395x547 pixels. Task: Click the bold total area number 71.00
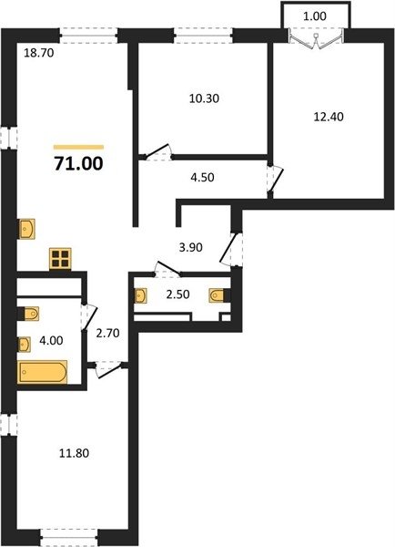coord(78,163)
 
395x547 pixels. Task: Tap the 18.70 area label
coord(38,53)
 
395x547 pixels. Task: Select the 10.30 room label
coord(204,98)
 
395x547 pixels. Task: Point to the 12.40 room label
coord(329,117)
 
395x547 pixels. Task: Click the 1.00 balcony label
coord(315,16)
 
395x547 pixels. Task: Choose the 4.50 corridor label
coord(202,177)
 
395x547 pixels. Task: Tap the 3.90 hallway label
coord(190,247)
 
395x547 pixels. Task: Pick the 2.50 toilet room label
coord(177,294)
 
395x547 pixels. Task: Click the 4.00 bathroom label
coord(51,340)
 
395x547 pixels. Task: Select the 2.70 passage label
coord(107,333)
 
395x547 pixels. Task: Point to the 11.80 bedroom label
coord(75,453)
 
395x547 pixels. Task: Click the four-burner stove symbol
coord(60,259)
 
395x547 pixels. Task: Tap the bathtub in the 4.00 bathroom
coord(42,372)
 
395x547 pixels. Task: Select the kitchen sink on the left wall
coord(26,229)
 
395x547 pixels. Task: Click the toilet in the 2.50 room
coord(219,295)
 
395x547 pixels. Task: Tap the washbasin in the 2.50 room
coord(140,295)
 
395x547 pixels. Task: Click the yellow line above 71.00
coord(78,147)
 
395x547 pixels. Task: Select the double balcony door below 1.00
coord(316,38)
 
